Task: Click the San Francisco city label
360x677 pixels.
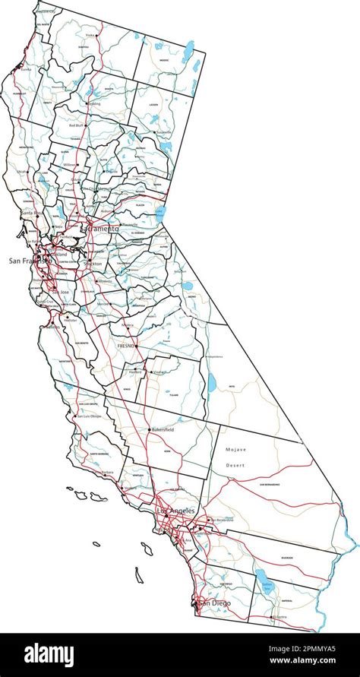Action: click(x=29, y=261)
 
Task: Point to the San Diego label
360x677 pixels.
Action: click(x=213, y=603)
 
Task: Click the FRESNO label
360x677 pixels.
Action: click(x=125, y=345)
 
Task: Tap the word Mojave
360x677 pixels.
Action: click(x=237, y=450)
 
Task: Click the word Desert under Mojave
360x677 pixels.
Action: click(x=235, y=464)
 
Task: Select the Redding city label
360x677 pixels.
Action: click(x=94, y=104)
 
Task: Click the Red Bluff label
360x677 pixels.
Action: click(x=77, y=125)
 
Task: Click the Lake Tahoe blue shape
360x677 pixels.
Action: click(x=160, y=214)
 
